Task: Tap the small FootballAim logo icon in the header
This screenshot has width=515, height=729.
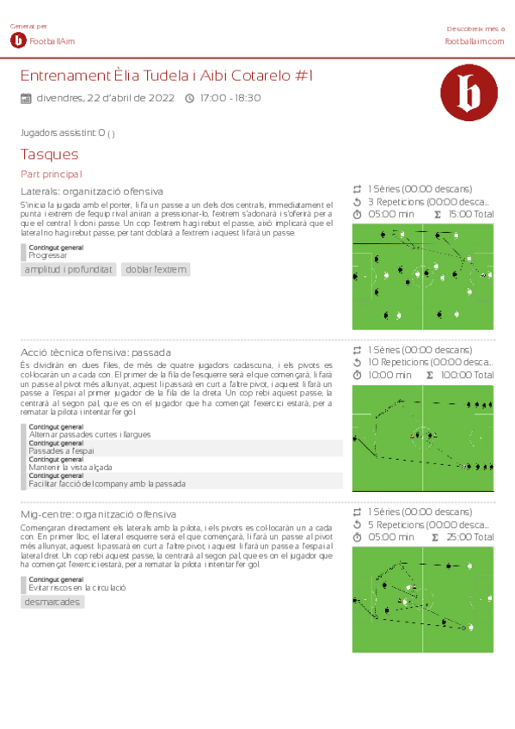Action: [18, 40]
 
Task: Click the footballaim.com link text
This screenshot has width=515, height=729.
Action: [474, 40]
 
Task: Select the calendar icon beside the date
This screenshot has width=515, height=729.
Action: [26, 98]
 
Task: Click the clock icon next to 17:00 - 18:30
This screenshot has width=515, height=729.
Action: [190, 98]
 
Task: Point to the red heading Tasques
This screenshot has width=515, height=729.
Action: [49, 155]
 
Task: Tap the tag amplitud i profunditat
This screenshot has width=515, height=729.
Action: [68, 270]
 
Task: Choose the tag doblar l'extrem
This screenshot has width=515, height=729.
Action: [156, 270]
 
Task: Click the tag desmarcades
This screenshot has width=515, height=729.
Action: [52, 602]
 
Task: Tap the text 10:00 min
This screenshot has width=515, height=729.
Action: [389, 376]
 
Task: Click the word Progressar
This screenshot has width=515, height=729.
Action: [47, 255]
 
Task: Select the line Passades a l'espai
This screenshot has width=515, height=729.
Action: [61, 451]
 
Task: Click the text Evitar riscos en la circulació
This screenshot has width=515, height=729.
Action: [77, 587]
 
